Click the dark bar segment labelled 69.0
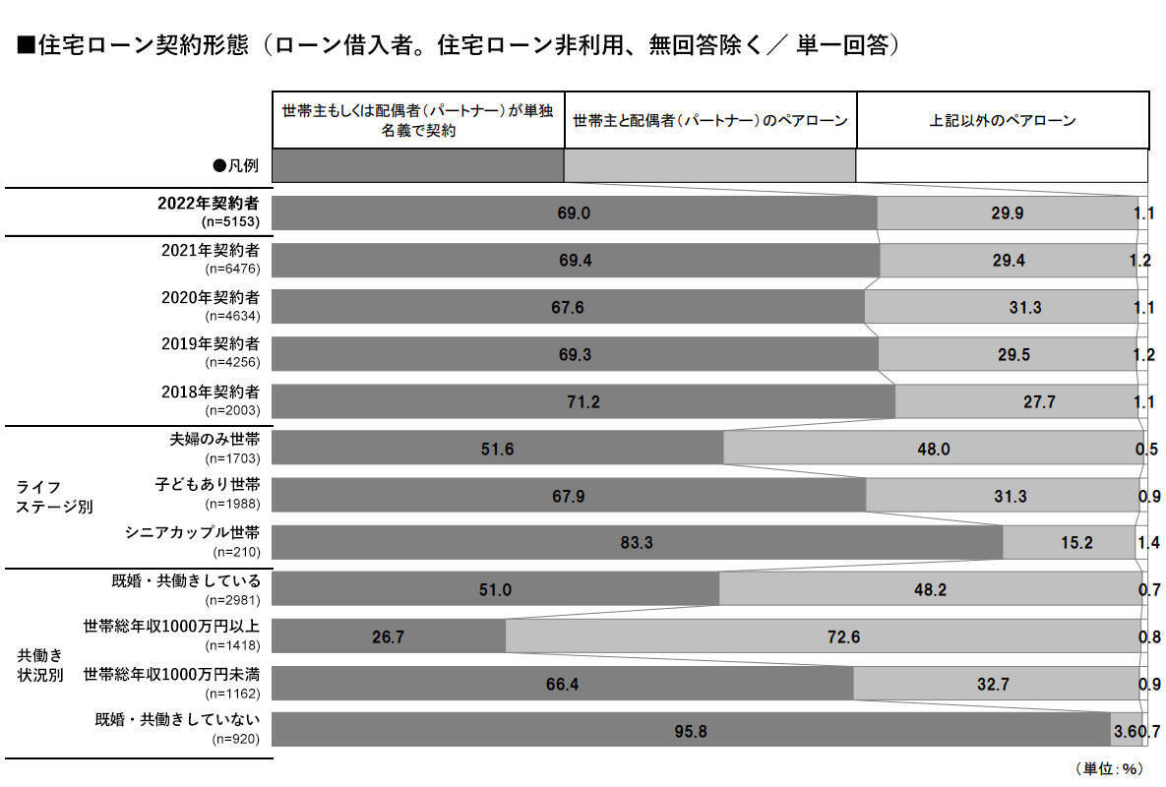(574, 212)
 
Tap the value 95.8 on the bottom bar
(692, 731)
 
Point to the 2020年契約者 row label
(211, 296)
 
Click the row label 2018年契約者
(211, 391)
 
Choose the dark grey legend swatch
(417, 165)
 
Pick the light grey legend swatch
(709, 165)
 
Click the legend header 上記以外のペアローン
(1003, 121)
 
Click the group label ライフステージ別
(52, 497)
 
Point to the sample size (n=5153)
(231, 221)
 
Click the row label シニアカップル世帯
(192, 532)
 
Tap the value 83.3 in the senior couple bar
(638, 542)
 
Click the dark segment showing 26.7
(388, 636)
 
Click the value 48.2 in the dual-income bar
(929, 589)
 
